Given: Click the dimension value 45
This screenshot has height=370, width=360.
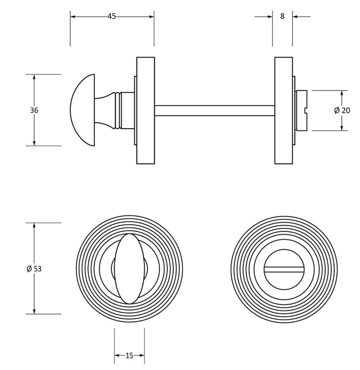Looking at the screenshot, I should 111,17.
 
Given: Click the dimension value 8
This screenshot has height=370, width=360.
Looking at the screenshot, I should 282,16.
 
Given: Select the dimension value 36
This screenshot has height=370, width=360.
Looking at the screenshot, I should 34,111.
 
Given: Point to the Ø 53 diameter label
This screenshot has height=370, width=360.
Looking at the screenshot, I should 34,269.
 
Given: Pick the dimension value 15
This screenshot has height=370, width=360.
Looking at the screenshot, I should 129,356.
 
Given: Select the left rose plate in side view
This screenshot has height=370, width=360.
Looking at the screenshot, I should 145,111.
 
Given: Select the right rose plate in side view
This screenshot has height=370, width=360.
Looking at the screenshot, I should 283,111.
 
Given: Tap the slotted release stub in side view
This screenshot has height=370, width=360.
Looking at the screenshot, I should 302,111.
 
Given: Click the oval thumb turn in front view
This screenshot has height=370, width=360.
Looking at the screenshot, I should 129,268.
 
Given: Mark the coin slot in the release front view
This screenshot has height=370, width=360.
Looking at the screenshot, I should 283,269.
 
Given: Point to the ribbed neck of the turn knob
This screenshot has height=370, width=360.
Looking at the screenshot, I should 117,111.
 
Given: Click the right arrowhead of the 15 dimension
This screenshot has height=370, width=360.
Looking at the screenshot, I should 142,356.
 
